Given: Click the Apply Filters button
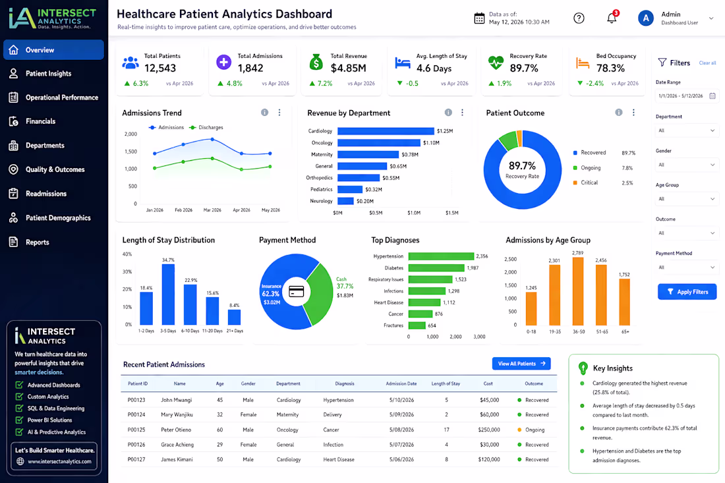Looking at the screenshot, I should point(687,292).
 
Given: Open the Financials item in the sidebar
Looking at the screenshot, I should point(40,121).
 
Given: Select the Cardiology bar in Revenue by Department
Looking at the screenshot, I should point(386,131).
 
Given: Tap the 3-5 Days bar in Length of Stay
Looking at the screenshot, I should point(168,294).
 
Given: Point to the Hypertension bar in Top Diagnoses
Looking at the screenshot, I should point(441,256).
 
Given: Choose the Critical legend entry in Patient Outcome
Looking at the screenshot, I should point(589,183).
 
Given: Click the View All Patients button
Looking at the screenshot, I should point(521,364).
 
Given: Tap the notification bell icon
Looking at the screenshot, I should point(612,18).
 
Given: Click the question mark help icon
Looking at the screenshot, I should point(579,18).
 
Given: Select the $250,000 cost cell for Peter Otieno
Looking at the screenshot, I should point(488,430).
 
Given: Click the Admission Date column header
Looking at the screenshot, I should point(401,384).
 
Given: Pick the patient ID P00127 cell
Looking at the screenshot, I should point(137,460).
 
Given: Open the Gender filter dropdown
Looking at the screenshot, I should point(686,165).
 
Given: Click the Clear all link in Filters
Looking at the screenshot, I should point(707,63).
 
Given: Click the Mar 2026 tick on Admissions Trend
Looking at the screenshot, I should point(212,210).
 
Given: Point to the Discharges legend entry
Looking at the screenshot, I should point(209,127).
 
